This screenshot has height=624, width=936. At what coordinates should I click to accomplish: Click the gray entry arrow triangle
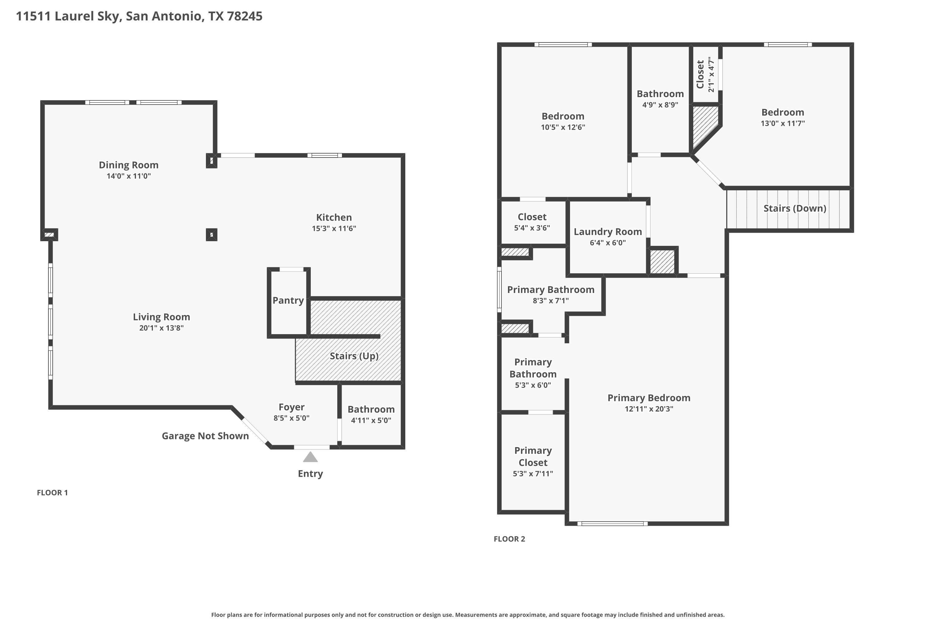pos(310,457)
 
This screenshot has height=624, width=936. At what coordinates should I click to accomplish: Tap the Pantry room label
pos(288,300)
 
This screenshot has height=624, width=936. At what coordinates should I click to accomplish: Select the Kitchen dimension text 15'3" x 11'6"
pos(334,228)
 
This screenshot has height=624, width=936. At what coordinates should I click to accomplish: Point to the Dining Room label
pos(129,165)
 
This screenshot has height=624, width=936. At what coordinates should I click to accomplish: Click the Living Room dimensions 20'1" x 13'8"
pos(161,328)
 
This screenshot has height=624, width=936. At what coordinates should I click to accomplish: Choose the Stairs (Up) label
pos(354,356)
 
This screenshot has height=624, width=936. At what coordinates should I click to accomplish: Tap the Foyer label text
pos(291,407)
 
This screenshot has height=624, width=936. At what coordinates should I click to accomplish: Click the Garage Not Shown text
pos(205,436)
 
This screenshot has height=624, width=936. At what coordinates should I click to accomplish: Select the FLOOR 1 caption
pos(52,493)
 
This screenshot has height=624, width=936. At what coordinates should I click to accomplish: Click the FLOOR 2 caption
pos(509,539)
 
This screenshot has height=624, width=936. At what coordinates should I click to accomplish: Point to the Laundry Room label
pos(608,232)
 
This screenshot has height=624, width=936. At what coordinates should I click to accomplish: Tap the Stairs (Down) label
pos(795,208)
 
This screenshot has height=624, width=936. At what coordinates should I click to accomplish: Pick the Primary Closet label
pos(533,456)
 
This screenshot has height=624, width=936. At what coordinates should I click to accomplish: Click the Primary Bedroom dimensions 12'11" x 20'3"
pos(649,409)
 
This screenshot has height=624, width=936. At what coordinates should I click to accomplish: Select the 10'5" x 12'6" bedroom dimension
pos(563,127)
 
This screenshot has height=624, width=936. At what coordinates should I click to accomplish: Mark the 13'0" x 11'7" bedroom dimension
pos(782,123)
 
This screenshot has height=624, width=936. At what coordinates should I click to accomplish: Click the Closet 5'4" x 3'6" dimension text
pos(532,228)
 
